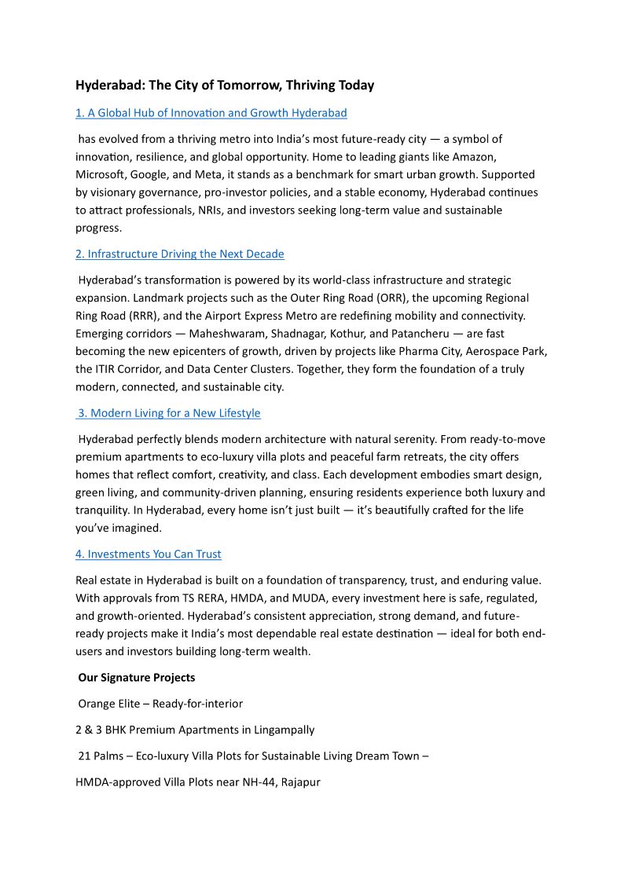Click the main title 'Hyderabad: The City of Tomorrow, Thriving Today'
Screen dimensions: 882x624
(225, 85)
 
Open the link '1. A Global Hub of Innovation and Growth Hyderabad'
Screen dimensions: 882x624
(211, 113)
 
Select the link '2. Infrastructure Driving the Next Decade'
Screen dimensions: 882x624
(179, 254)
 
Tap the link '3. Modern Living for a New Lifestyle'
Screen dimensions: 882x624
(169, 413)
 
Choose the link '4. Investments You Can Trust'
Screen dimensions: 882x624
(148, 554)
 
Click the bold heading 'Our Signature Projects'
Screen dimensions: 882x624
(137, 677)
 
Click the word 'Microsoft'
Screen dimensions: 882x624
(100, 174)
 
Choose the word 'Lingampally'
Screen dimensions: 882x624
(284, 730)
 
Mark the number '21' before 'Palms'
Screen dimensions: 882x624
(85, 756)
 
